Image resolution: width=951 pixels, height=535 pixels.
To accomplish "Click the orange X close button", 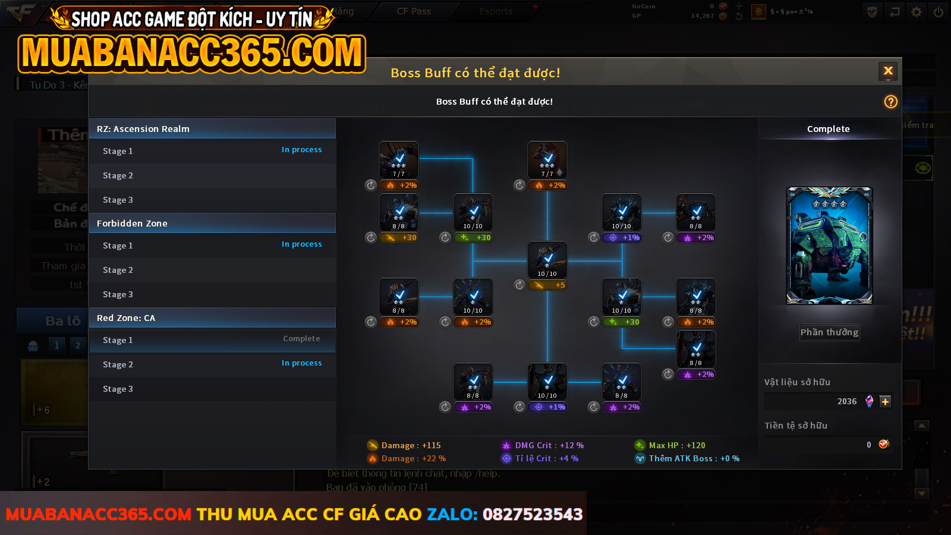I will click(888, 71).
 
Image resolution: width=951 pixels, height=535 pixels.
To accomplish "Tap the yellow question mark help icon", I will click(890, 102).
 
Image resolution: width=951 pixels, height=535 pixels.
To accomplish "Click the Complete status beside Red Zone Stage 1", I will click(301, 339).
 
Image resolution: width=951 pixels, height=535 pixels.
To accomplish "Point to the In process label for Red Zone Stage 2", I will click(301, 363).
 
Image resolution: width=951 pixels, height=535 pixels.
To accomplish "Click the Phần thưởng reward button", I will click(829, 332).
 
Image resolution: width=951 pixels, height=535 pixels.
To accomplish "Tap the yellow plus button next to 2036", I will click(885, 401).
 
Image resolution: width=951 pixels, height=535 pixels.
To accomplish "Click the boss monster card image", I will click(829, 246).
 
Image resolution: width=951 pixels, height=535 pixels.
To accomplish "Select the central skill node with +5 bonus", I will click(547, 260).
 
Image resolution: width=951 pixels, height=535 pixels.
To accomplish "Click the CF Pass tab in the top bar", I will click(414, 11).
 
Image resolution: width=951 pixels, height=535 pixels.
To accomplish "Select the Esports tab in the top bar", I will click(496, 11).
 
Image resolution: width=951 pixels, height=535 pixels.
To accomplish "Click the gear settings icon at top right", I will click(917, 12).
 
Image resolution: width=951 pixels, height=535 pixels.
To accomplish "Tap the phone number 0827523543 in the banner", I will click(533, 514).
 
